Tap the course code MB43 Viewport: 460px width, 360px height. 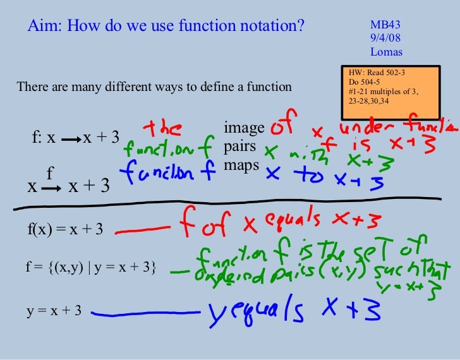click(385, 25)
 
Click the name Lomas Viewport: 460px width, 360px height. click(386, 52)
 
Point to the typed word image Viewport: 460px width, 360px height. click(244, 129)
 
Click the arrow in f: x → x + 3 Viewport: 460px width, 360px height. click(71, 138)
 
